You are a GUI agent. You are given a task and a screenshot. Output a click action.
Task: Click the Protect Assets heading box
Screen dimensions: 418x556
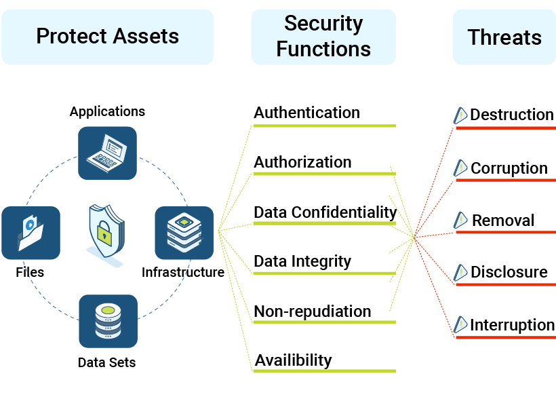click(x=107, y=37)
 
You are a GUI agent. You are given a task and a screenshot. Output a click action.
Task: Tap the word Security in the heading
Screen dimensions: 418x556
click(x=323, y=23)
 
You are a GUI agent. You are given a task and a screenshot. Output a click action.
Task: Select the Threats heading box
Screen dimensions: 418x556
click(x=504, y=37)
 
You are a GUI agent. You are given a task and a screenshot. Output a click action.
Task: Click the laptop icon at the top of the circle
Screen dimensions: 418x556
click(x=107, y=153)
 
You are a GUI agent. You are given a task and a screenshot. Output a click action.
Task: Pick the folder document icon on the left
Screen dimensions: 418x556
click(x=31, y=233)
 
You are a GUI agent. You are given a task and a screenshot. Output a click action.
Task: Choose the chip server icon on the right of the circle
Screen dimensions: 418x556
click(x=184, y=233)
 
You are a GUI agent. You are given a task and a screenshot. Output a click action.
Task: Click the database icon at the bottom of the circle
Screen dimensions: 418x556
click(x=108, y=321)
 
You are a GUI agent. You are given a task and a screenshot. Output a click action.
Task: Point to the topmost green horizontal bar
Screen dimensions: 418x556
click(x=324, y=126)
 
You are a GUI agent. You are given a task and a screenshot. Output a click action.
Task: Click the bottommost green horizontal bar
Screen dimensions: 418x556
click(x=324, y=371)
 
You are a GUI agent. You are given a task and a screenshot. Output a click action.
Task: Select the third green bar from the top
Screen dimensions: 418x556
click(x=324, y=223)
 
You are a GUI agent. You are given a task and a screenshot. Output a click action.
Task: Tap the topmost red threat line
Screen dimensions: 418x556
click(x=505, y=128)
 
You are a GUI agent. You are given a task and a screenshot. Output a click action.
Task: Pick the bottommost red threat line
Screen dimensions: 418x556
click(x=505, y=337)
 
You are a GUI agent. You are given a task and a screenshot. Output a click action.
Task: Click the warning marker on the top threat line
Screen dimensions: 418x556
click(x=460, y=115)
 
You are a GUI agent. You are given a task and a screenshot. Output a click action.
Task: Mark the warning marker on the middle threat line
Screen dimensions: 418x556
click(x=460, y=220)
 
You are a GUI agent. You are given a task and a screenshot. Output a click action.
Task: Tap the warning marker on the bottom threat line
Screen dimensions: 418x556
click(x=460, y=324)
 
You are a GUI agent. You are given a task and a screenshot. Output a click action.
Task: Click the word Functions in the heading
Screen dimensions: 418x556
click(x=323, y=49)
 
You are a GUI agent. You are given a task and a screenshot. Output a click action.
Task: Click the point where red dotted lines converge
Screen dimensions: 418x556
click(x=414, y=237)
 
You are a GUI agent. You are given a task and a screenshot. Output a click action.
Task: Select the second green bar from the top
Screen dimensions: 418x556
click(x=324, y=174)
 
